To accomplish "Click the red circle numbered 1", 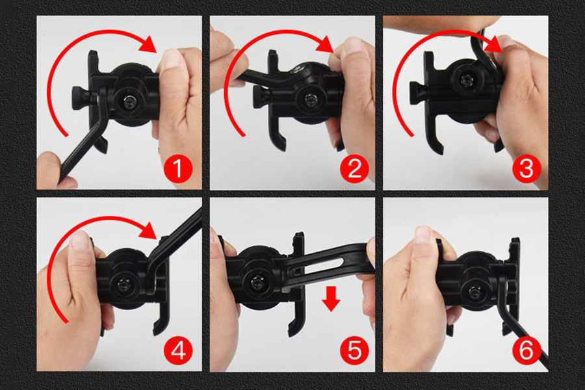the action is pos(178,169).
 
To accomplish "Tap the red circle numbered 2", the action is pos(354,169).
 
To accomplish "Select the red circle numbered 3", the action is pos(526,169).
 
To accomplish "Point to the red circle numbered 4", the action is pos(178,350).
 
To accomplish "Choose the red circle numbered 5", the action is pos(354,350).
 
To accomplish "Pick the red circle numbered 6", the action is pos(526,350).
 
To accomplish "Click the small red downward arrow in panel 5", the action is pos(331,298).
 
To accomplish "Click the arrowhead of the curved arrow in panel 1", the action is pos(148,45).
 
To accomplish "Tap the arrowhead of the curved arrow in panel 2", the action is pos(324,45).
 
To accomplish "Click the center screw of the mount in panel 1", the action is pos(128,102).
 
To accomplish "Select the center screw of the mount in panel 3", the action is pos(465,80).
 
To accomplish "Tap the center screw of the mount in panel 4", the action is pos(122,285).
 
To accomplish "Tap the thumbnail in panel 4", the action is pos(79,240).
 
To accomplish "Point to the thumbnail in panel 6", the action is pos(422,235).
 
